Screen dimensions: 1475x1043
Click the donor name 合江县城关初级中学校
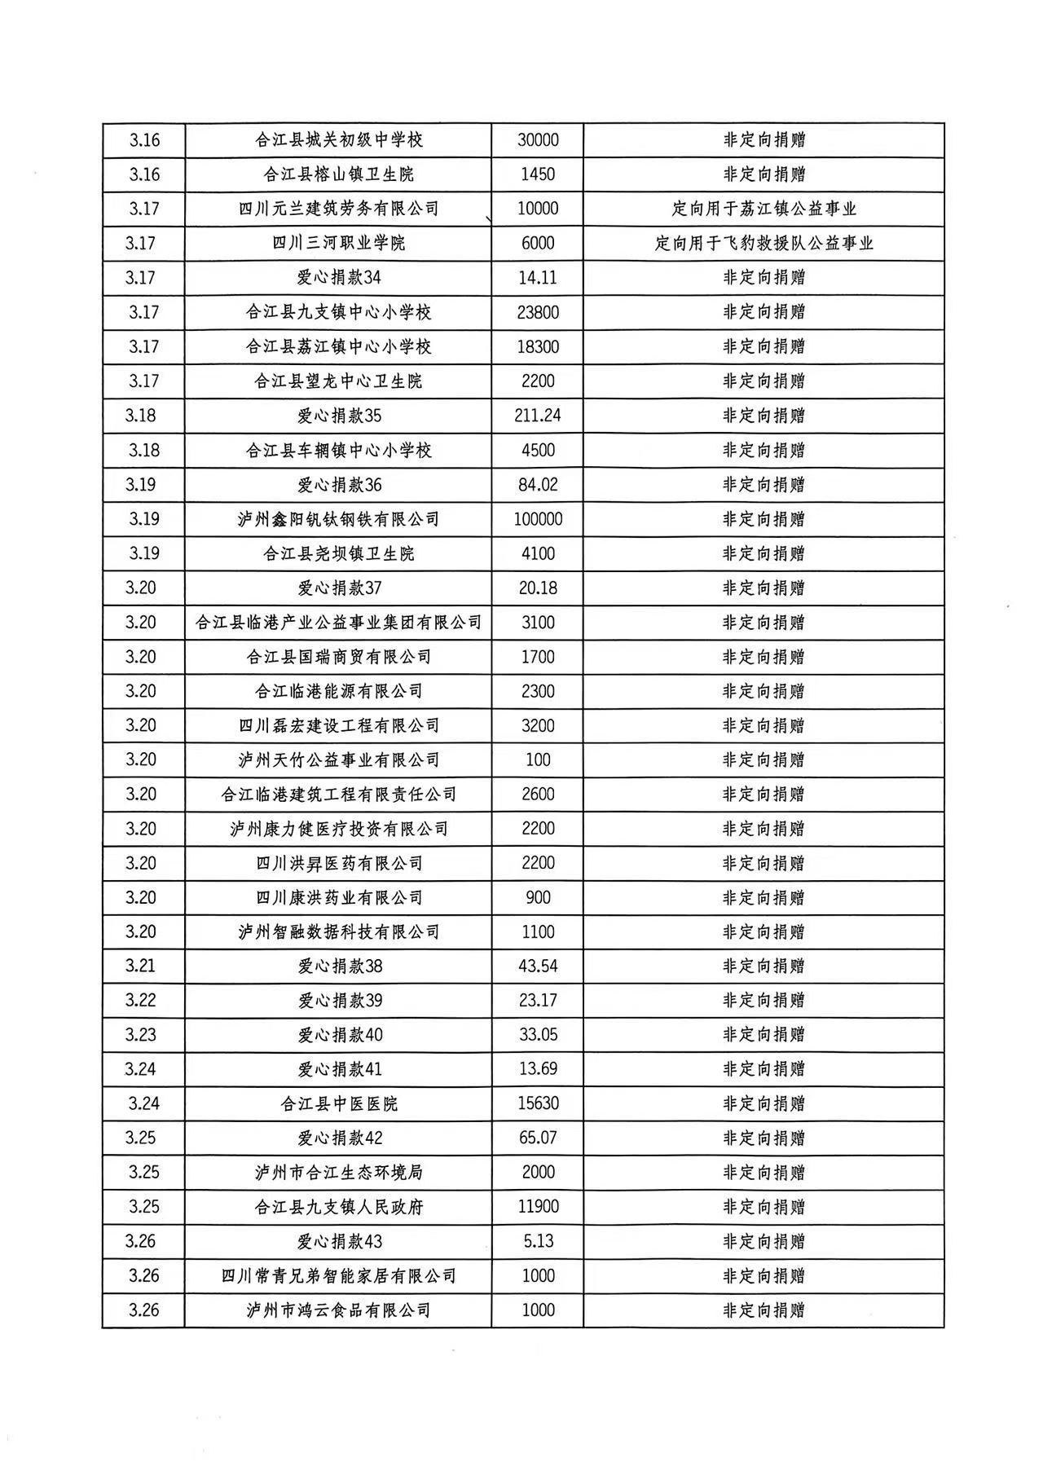point(338,140)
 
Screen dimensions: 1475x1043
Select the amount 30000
point(538,140)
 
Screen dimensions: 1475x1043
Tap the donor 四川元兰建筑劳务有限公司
point(338,209)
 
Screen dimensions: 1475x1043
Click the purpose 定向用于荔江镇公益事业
point(764,209)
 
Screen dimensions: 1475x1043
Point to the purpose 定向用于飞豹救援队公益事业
point(764,243)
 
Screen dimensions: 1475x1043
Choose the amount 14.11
point(538,278)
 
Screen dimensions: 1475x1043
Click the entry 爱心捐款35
point(338,416)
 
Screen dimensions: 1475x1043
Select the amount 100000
point(538,519)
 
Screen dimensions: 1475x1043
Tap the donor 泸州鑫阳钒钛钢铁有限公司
point(338,519)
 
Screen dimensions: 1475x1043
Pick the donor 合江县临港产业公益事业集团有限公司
point(338,623)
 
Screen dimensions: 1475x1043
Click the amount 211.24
point(538,416)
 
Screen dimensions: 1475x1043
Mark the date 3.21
point(141,966)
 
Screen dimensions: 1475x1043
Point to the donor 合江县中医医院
point(338,1103)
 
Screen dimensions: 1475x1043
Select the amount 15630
point(538,1103)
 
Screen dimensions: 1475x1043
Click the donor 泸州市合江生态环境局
point(338,1173)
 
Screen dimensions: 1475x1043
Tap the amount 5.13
point(538,1241)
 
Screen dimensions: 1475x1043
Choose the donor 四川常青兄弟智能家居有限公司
point(338,1276)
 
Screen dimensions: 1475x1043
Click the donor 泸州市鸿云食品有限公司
point(338,1310)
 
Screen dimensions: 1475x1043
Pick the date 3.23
point(141,1035)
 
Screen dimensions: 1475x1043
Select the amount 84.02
point(538,485)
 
